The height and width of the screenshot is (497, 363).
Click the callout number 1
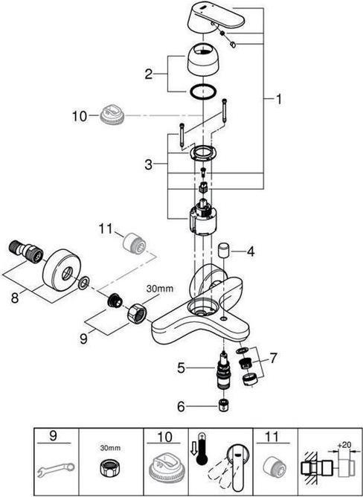pyautogui.click(x=278, y=100)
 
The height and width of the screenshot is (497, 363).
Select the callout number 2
pyautogui.click(x=149, y=74)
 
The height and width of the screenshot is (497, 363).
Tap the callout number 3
pyautogui.click(x=149, y=164)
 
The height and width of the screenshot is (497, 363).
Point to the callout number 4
pyautogui.click(x=251, y=251)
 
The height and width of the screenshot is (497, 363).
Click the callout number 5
pyautogui.click(x=181, y=368)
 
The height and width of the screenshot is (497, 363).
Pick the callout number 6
pyautogui.click(x=181, y=406)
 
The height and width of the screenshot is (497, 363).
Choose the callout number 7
pyautogui.click(x=273, y=358)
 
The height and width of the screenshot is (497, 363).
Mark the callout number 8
pyautogui.click(x=15, y=298)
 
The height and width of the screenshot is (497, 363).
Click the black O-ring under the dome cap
pyautogui.click(x=203, y=92)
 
